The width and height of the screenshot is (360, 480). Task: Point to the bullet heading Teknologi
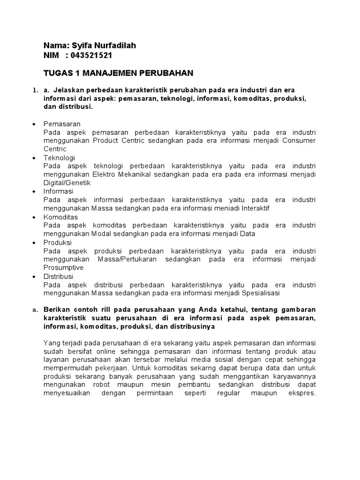pos(59,157)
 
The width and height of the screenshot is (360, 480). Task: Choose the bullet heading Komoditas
pos(60,217)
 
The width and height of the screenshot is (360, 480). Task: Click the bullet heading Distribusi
pos(59,277)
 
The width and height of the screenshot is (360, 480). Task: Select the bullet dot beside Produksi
pos(34,243)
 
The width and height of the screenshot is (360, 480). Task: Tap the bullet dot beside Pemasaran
pos(34,124)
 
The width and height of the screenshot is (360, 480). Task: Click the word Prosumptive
pos(63,268)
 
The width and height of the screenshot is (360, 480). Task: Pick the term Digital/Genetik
pos(67,183)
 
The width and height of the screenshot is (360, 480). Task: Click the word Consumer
pos(299,141)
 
